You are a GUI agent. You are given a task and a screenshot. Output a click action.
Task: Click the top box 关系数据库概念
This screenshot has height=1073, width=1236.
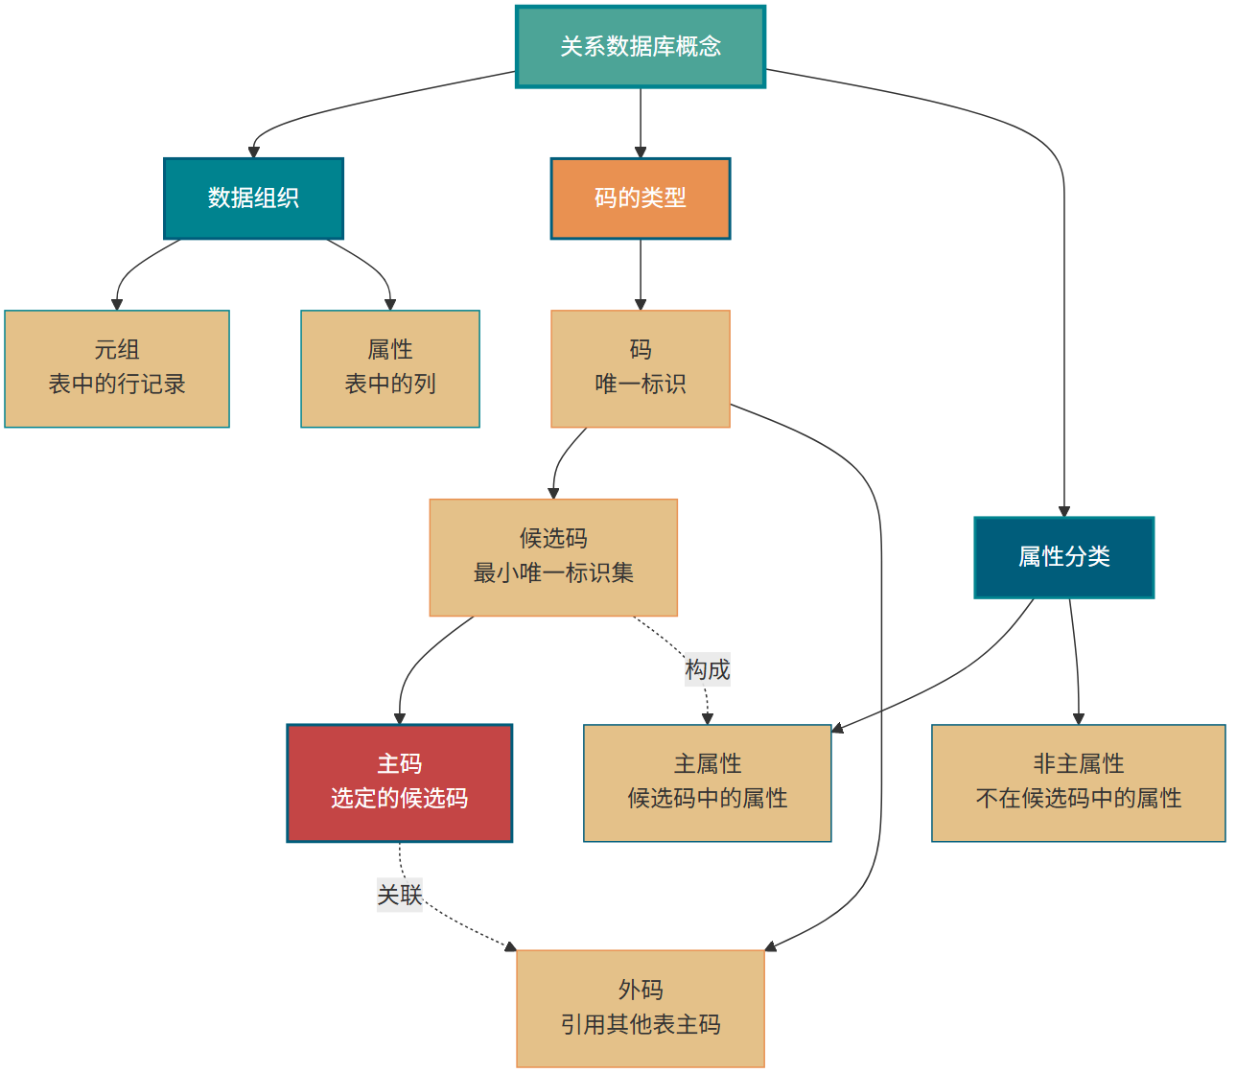[640, 47]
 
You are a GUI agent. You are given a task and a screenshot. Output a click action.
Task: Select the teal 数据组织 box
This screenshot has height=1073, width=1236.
[253, 198]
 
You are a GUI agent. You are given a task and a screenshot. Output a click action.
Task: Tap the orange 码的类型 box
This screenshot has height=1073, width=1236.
[640, 198]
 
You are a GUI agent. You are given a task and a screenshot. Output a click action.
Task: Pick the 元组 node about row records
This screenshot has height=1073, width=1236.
[117, 368]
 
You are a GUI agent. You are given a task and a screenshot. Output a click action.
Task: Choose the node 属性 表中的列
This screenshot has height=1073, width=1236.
[389, 368]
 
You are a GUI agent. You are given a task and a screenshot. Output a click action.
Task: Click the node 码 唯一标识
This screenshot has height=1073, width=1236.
[640, 368]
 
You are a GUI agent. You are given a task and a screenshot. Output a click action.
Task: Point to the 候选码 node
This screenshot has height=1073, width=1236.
[553, 557]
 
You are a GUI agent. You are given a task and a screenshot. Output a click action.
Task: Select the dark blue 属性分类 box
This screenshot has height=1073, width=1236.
[1063, 557]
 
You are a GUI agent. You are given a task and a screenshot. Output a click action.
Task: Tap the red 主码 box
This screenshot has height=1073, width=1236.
[399, 782]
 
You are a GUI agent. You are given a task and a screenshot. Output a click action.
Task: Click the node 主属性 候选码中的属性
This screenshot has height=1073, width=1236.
[707, 782]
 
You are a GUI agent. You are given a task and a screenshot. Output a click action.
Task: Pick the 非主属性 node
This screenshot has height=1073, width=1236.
[1078, 782]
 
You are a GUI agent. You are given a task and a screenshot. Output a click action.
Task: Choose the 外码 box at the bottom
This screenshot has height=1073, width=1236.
[640, 1008]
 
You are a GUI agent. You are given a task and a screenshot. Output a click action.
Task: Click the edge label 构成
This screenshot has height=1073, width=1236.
[707, 669]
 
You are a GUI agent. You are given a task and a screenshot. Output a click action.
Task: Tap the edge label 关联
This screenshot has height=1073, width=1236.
[399, 895]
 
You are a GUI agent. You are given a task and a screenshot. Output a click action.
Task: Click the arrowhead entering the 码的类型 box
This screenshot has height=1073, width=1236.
[641, 152]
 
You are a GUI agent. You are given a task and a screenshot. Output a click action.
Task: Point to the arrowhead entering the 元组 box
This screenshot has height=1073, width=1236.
[117, 304]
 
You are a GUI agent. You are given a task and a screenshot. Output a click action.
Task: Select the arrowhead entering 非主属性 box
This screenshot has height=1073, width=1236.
[1079, 718]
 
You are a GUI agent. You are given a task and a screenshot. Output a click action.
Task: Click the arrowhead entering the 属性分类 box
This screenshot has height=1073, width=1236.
[1063, 511]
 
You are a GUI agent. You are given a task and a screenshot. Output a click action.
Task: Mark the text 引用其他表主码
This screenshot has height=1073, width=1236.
[640, 1025]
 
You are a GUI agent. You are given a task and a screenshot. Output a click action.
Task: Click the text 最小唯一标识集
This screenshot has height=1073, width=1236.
[553, 573]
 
